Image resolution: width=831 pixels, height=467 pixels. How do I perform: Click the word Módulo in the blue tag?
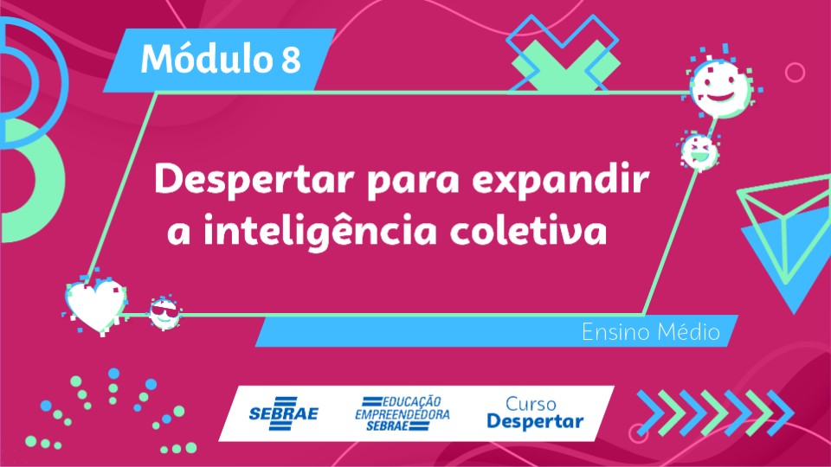pyautogui.click(x=206, y=58)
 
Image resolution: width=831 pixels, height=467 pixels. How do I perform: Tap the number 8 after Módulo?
pyautogui.click(x=291, y=60)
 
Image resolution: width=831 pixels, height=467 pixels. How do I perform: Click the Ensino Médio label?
pyautogui.click(x=651, y=332)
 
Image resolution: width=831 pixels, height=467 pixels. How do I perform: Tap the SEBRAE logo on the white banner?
pyautogui.click(x=284, y=413)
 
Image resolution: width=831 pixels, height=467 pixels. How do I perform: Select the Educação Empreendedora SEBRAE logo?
pyautogui.click(x=403, y=413)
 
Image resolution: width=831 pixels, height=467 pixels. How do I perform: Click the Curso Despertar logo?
pyautogui.click(x=535, y=413)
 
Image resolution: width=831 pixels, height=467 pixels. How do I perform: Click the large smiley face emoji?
pyautogui.click(x=720, y=86)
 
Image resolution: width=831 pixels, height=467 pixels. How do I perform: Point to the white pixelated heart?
pyautogui.click(x=96, y=305)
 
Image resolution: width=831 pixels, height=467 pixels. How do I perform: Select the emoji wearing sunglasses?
pyautogui.click(x=164, y=313)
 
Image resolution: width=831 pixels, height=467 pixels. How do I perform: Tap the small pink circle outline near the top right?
pyautogui.click(x=795, y=72)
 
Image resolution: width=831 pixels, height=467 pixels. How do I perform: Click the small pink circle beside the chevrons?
pyautogui.click(x=638, y=433)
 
